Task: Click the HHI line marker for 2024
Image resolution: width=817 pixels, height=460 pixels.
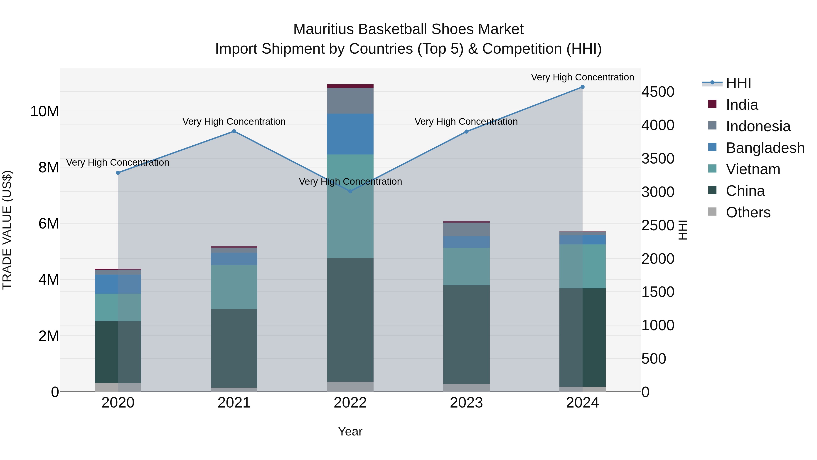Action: click(x=582, y=87)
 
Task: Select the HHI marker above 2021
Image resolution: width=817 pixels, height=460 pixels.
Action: click(x=234, y=131)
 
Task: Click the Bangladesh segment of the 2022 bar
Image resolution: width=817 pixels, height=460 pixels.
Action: click(x=350, y=134)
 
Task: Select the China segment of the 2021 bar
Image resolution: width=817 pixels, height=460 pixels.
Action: click(x=234, y=348)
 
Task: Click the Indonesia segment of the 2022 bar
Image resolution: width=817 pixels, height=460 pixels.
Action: click(x=350, y=101)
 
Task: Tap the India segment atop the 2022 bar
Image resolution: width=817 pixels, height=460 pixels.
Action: click(x=350, y=86)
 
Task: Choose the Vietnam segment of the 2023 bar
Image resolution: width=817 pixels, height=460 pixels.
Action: click(x=466, y=267)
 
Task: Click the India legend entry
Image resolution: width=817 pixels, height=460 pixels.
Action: click(x=741, y=105)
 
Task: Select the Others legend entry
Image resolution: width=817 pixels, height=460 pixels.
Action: click(x=748, y=212)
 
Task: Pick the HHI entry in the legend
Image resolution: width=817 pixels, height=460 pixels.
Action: click(x=738, y=83)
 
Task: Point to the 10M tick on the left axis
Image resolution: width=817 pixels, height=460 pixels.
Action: click(x=44, y=112)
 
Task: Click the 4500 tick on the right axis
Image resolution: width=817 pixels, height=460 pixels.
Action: click(x=658, y=92)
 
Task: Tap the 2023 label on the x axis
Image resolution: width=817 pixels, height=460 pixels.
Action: click(x=466, y=403)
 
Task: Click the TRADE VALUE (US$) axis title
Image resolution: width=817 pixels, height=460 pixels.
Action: click(x=7, y=230)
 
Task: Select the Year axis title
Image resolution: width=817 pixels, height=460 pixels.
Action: click(x=350, y=431)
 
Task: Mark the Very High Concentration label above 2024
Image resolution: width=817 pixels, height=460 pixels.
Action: click(x=582, y=77)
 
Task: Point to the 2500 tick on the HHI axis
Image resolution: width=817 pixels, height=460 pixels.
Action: click(x=658, y=225)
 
